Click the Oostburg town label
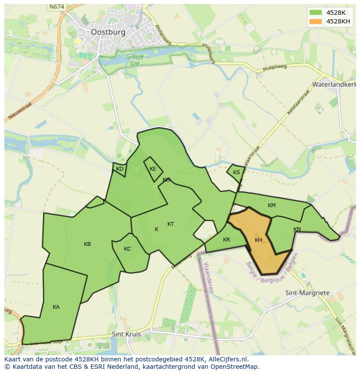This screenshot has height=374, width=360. pos(108,32)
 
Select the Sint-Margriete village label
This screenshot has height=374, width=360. pos(307,293)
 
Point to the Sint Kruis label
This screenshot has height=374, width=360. pos(126,334)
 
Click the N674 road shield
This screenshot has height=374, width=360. pos(57,7)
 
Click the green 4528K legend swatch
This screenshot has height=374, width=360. pos(316,13)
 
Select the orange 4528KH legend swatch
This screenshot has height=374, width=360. pos(316,21)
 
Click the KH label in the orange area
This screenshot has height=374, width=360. pos(258,240)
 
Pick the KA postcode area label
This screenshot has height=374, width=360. pos(56,307)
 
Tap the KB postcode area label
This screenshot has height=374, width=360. pos(87,244)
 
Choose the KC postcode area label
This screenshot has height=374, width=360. pos(127,249)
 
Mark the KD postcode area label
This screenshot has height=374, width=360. pos(120,169)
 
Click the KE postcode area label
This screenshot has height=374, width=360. pos(153,169)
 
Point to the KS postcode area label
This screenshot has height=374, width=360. pos(237,172)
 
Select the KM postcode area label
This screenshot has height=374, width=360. pos(272,205)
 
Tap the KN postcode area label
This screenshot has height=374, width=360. pos(297,229)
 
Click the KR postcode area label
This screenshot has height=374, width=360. pos(227,240)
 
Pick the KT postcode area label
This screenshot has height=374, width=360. pos(171,224)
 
